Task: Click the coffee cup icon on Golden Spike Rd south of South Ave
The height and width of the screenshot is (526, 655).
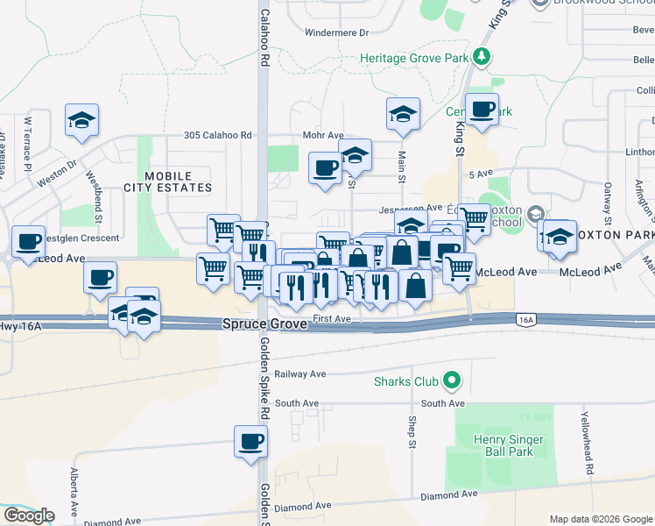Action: [x=250, y=441]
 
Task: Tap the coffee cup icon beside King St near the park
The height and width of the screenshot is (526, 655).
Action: [x=482, y=110]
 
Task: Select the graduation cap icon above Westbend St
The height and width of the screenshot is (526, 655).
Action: [x=82, y=120]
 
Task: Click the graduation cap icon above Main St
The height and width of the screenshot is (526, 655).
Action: [x=403, y=114]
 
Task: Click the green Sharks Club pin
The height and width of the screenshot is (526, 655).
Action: [x=451, y=381]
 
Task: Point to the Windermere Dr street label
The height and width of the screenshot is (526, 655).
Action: [x=336, y=32]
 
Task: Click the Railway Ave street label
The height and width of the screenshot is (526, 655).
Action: [x=299, y=373]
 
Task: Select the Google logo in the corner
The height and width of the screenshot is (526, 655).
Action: [x=29, y=515]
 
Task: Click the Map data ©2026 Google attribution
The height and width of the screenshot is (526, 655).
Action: [x=601, y=519]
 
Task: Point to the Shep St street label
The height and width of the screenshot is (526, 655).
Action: [x=411, y=431]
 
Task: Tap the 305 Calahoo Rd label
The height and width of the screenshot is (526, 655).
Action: [x=218, y=136]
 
